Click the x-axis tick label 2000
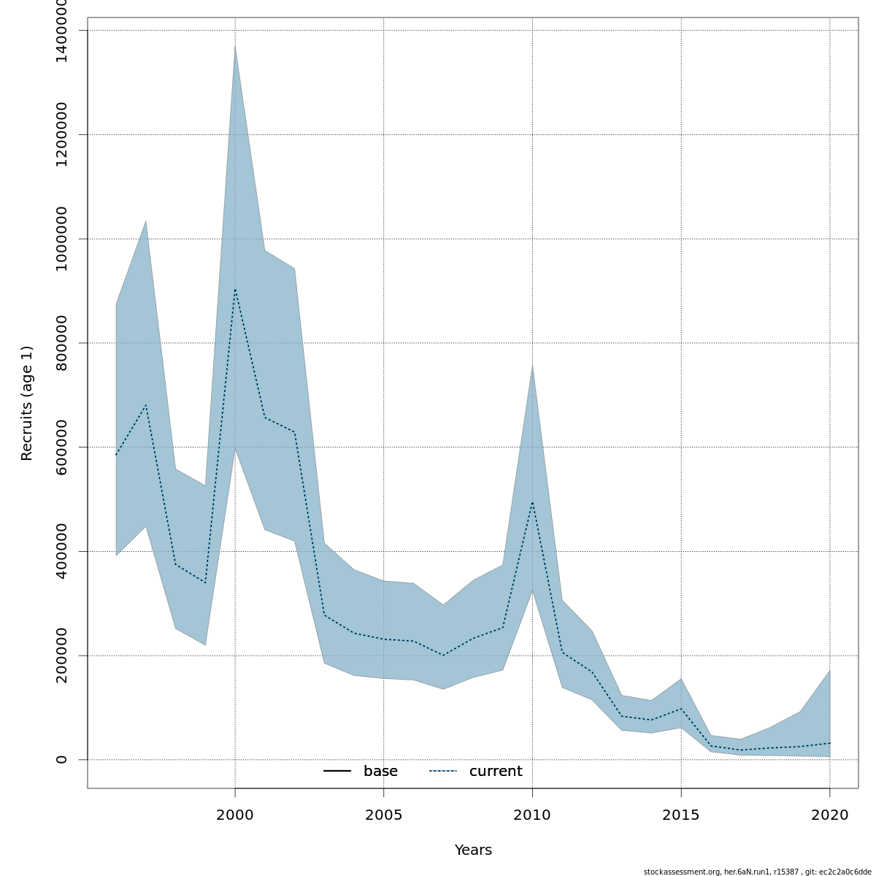[235, 815]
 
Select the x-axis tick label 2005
[384, 815]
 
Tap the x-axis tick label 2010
[532, 815]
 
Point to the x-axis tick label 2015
[681, 815]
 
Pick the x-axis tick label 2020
[830, 815]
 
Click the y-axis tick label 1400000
[61, 30]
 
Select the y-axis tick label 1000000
[61, 239]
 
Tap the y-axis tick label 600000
[61, 447]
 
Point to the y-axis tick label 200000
[61, 656]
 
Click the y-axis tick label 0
[61, 759]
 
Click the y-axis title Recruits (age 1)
[27, 403]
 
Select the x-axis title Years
[473, 850]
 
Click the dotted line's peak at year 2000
[235, 289]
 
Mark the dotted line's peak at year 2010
[532, 502]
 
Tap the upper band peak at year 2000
[235, 46]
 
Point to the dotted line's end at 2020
[830, 743]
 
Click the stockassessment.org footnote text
[757, 872]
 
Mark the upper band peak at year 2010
[532, 365]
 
